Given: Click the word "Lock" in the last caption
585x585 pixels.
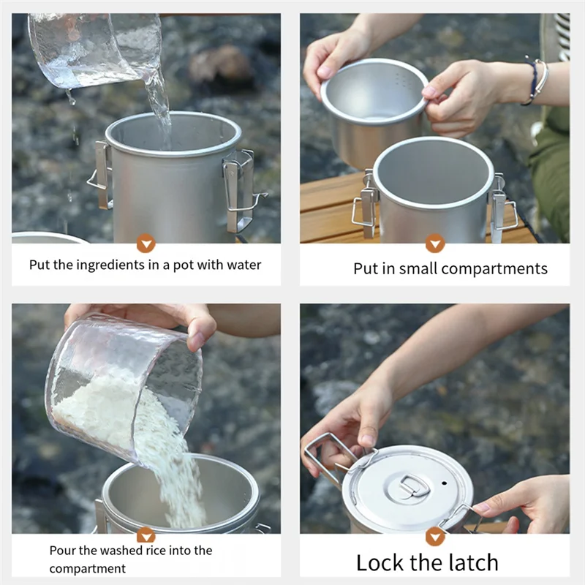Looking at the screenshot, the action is coord(380,562).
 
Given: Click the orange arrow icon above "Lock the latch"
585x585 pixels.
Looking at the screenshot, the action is coord(435,537).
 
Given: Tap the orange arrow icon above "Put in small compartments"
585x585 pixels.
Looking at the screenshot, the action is coord(435,244).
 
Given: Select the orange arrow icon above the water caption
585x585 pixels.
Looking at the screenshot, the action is coord(146,244).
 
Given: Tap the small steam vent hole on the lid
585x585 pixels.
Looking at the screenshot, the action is coord(444,483).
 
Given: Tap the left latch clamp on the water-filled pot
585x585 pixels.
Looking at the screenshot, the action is coord(101,175).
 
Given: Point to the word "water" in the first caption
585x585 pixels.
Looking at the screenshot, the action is coord(244,265).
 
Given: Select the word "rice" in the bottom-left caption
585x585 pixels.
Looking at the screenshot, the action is coord(156,551).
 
